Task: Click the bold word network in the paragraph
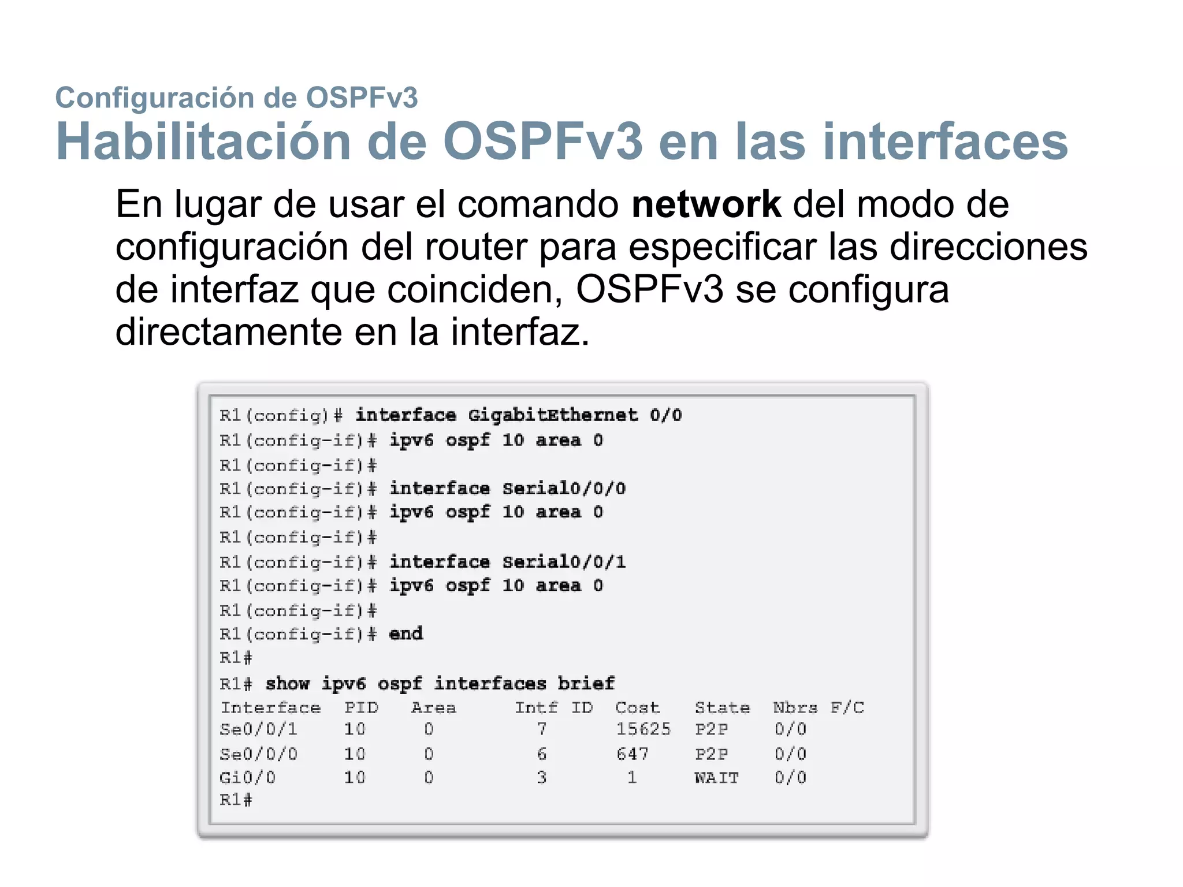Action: pyautogui.click(x=706, y=204)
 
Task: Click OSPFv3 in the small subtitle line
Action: pyautogui.click(x=361, y=98)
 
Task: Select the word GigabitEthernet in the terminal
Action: pyautogui.click(x=553, y=415)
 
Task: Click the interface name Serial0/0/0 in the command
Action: pyautogui.click(x=564, y=489)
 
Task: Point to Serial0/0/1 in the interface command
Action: pyautogui.click(x=564, y=562)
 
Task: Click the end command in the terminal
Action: pyautogui.click(x=406, y=634)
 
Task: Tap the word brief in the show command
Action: pyautogui.click(x=586, y=684)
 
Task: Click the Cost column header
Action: pyautogui.click(x=637, y=708)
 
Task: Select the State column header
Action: pyautogui.click(x=722, y=708)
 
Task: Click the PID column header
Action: pyautogui.click(x=361, y=708)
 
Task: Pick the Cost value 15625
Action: pyautogui.click(x=643, y=729)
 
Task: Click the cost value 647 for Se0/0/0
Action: pyautogui.click(x=632, y=754)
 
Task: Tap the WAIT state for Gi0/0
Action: pyautogui.click(x=716, y=778)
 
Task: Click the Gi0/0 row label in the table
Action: pyautogui.click(x=248, y=778)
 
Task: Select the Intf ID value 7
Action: pyautogui.click(x=541, y=729)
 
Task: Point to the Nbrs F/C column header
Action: pyautogui.click(x=818, y=708)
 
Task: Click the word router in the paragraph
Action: pyautogui.click(x=475, y=247)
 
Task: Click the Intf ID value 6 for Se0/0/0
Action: pyautogui.click(x=541, y=754)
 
